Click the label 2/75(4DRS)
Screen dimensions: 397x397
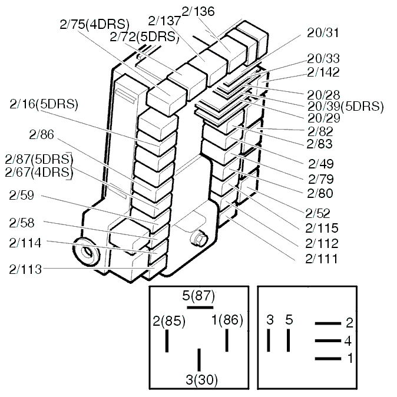point(94,24)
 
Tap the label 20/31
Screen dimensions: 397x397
point(323,33)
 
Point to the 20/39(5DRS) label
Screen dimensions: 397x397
point(345,106)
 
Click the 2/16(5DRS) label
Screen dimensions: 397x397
point(44,104)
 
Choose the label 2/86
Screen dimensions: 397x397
point(41,135)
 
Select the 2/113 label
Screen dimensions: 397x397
point(25,269)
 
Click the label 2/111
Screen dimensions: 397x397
point(322,259)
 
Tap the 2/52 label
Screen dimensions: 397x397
point(318,213)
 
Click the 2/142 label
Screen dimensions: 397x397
point(323,72)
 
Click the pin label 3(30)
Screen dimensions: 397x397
point(201,380)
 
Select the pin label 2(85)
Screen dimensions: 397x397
point(169,322)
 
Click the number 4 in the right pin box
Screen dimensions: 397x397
point(348,341)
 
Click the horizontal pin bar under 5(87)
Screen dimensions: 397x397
point(200,307)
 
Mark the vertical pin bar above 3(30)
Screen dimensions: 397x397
point(199,359)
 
